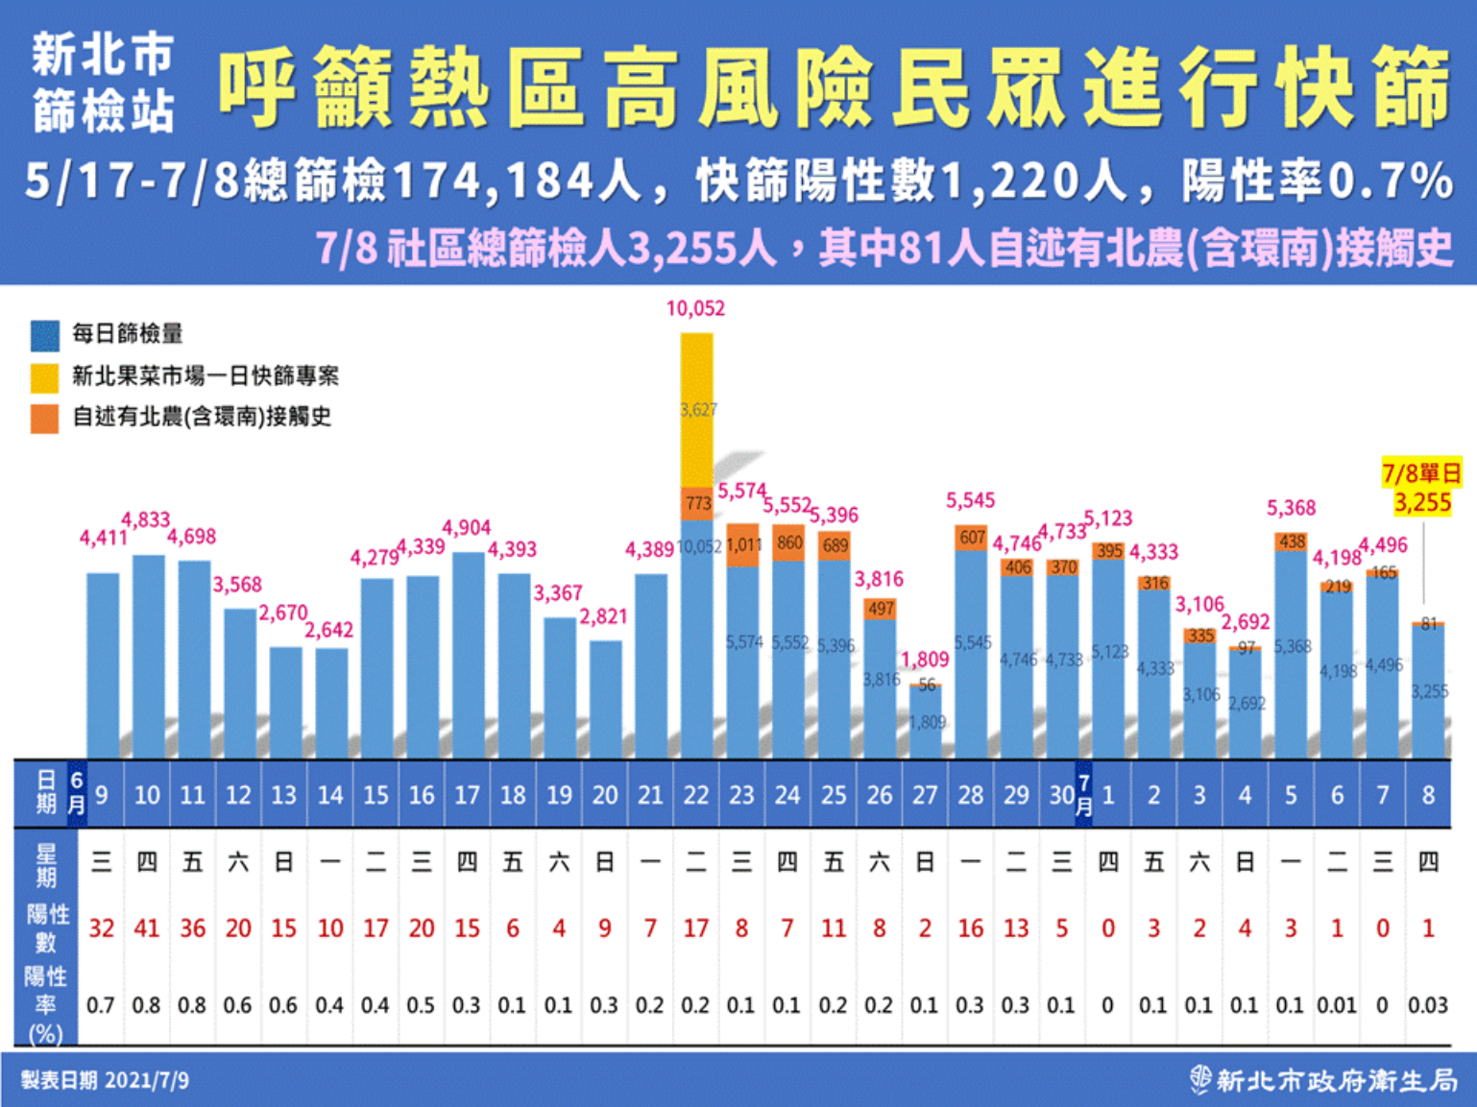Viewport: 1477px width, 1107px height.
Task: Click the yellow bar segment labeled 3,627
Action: click(x=697, y=410)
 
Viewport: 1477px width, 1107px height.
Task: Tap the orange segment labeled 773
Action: click(x=697, y=503)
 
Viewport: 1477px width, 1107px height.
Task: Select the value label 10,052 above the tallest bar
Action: click(x=695, y=308)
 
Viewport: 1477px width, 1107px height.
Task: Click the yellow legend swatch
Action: click(x=44, y=376)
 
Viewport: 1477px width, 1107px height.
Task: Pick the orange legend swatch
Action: click(x=44, y=418)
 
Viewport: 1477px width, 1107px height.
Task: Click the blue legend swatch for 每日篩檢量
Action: click(x=44, y=335)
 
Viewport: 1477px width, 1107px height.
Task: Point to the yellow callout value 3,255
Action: click(x=1422, y=502)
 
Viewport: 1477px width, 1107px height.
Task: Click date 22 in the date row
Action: click(x=696, y=795)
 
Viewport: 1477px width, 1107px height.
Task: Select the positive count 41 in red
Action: click(x=146, y=928)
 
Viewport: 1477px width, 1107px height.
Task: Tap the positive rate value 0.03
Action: click(x=1427, y=1005)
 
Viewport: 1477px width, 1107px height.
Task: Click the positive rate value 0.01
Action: click(x=1336, y=1005)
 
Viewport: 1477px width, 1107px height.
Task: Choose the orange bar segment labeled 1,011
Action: click(x=743, y=545)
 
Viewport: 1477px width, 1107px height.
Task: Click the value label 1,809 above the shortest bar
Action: click(x=925, y=660)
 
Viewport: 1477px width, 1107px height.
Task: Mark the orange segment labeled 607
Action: click(x=972, y=538)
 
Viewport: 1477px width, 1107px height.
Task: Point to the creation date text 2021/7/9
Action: click(x=147, y=1080)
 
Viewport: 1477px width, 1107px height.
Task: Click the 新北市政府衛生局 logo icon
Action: click(x=1199, y=1080)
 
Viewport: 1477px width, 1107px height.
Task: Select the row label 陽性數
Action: click(x=46, y=927)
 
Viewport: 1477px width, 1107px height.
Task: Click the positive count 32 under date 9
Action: click(x=101, y=928)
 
